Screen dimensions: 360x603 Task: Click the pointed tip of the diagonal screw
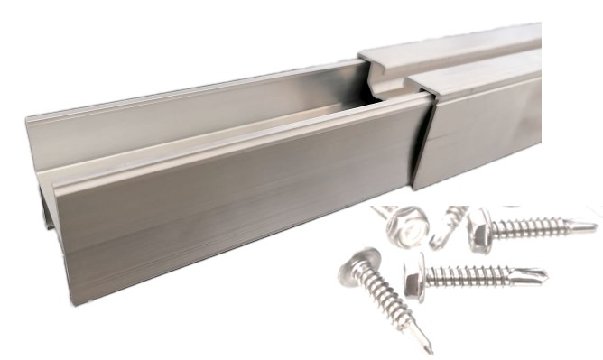tap(428, 347)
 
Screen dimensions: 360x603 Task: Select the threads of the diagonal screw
tap(395, 307)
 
